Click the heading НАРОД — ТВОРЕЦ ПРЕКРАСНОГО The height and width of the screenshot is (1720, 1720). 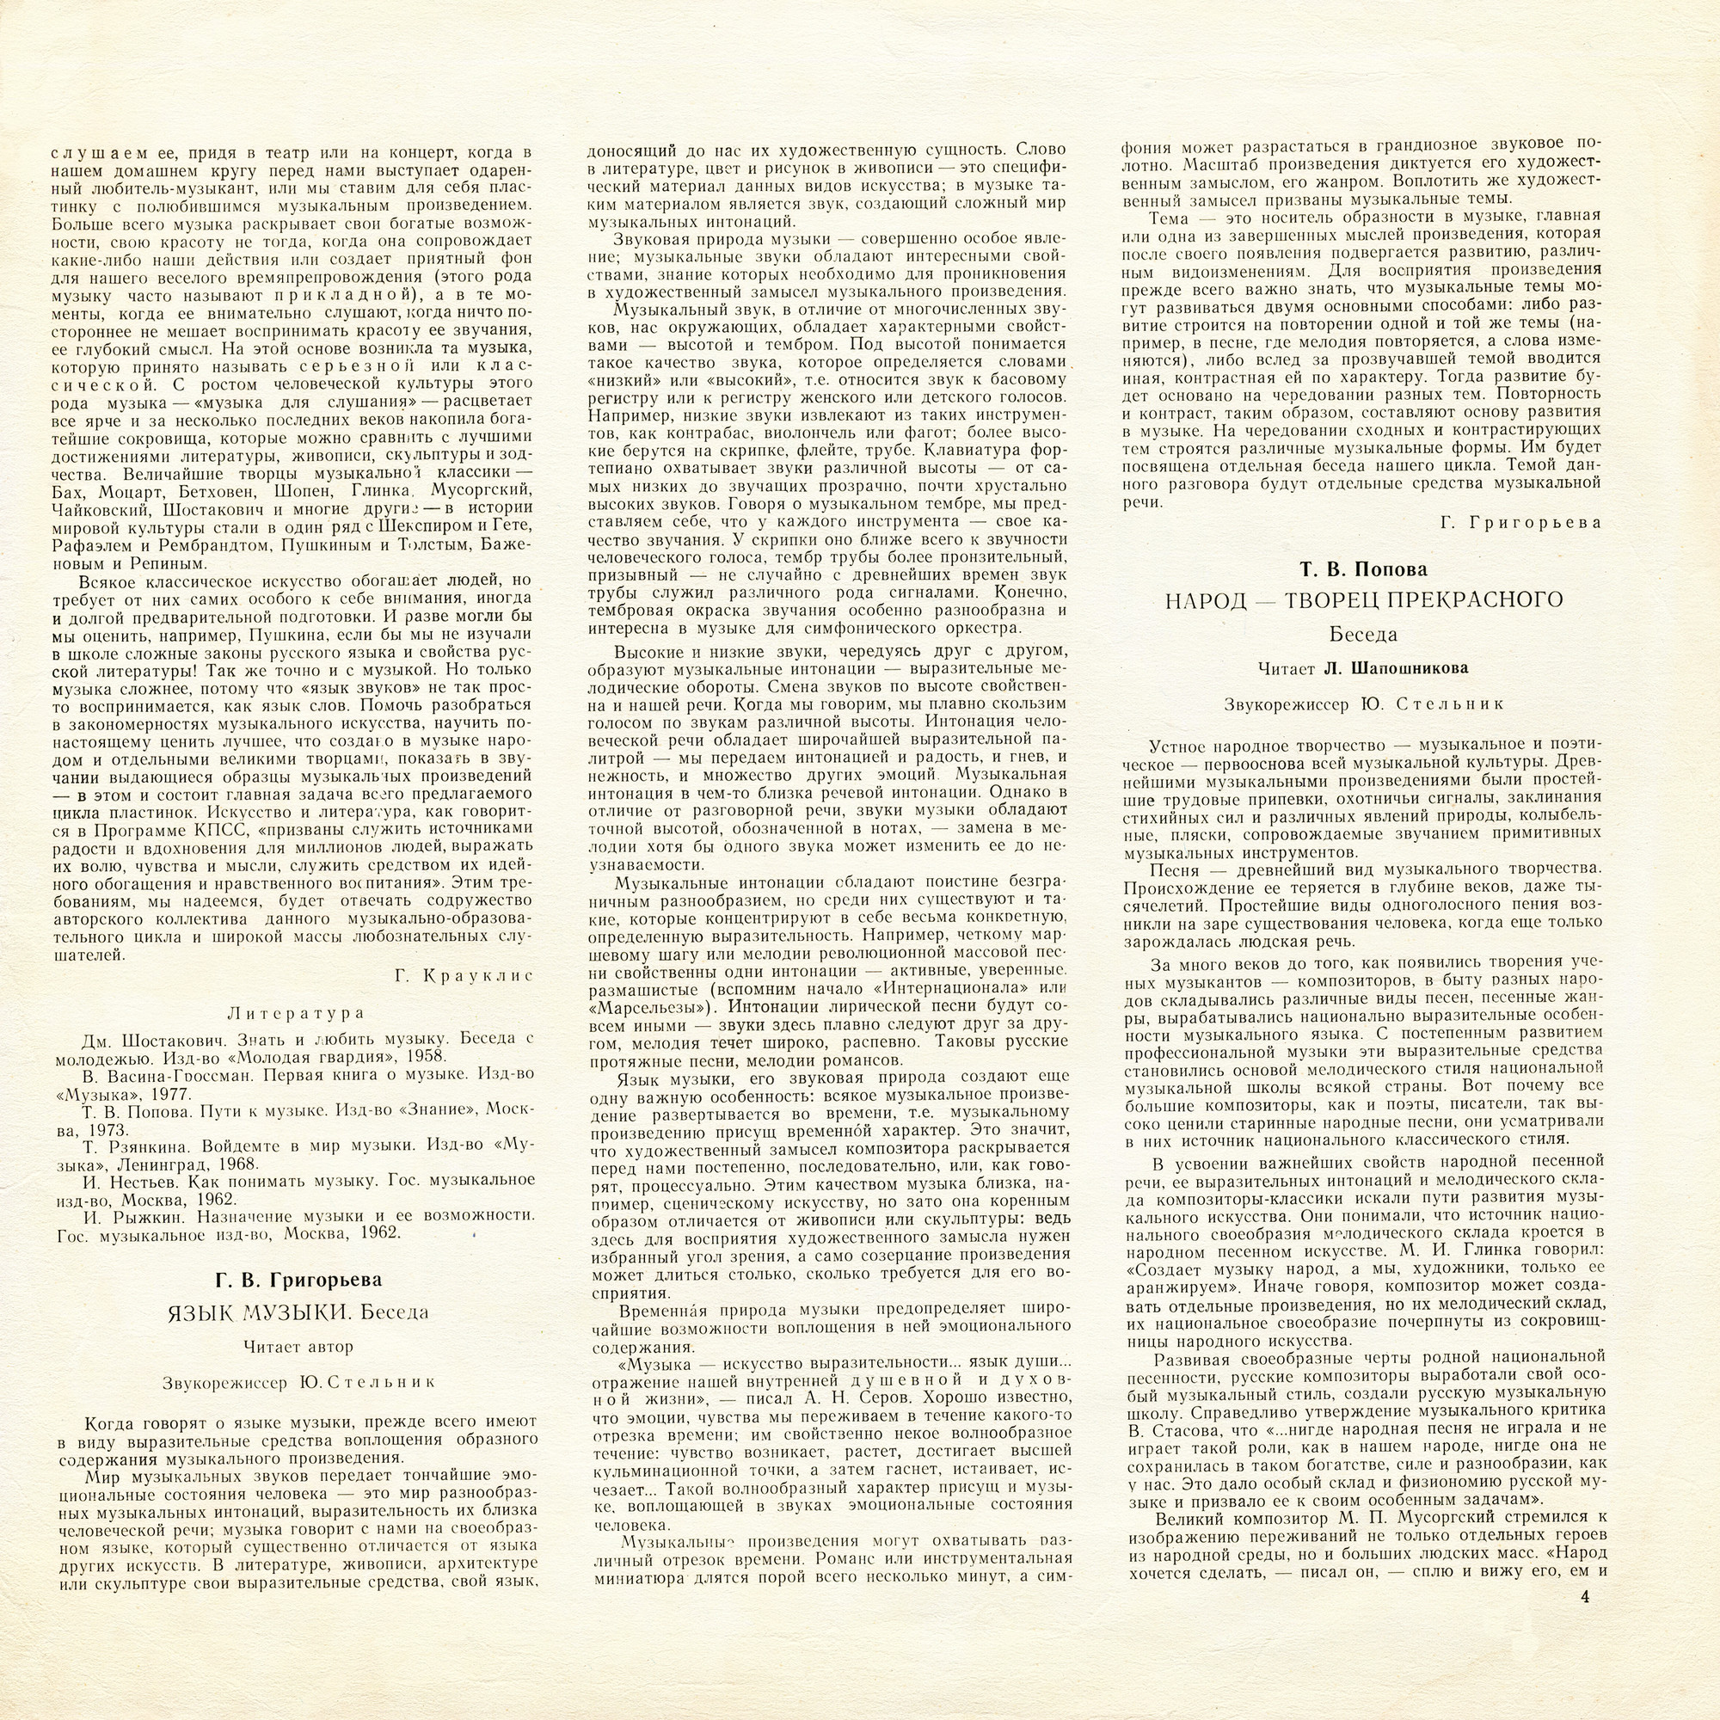[1364, 600]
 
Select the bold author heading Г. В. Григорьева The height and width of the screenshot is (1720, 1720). [298, 1281]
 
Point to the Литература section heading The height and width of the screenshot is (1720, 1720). [297, 1013]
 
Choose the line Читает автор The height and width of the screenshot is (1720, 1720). [298, 1346]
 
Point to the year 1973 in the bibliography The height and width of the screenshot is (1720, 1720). [104, 1130]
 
